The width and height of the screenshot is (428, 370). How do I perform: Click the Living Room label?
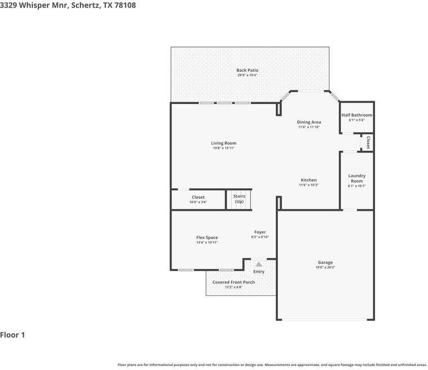click(223, 143)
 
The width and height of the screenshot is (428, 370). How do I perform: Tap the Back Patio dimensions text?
click(248, 75)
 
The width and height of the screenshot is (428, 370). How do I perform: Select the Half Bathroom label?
click(357, 115)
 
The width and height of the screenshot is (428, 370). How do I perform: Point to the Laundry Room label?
click(357, 179)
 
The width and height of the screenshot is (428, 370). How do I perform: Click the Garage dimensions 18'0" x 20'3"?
click(325, 267)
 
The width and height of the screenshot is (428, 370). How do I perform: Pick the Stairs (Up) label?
click(239, 199)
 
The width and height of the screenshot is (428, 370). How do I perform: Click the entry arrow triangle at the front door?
click(259, 264)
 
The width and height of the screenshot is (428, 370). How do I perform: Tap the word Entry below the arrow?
click(259, 272)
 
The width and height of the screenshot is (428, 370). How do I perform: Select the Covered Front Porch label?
click(233, 282)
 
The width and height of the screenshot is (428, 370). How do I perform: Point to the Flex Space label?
click(207, 237)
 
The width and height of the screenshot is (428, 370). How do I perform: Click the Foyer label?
click(260, 232)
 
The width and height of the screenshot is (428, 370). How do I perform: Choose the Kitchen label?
click(308, 180)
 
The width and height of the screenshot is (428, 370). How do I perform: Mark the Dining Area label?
click(308, 122)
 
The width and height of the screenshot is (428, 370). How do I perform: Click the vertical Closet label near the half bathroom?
click(368, 142)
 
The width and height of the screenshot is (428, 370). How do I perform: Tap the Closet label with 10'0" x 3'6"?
click(198, 197)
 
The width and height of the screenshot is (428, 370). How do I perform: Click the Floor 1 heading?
click(12, 335)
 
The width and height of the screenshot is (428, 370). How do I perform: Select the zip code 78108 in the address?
click(125, 5)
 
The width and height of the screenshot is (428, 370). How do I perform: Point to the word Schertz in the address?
click(85, 5)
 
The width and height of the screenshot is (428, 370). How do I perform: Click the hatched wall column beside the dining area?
click(279, 108)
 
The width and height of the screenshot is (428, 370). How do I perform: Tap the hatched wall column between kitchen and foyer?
click(279, 203)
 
